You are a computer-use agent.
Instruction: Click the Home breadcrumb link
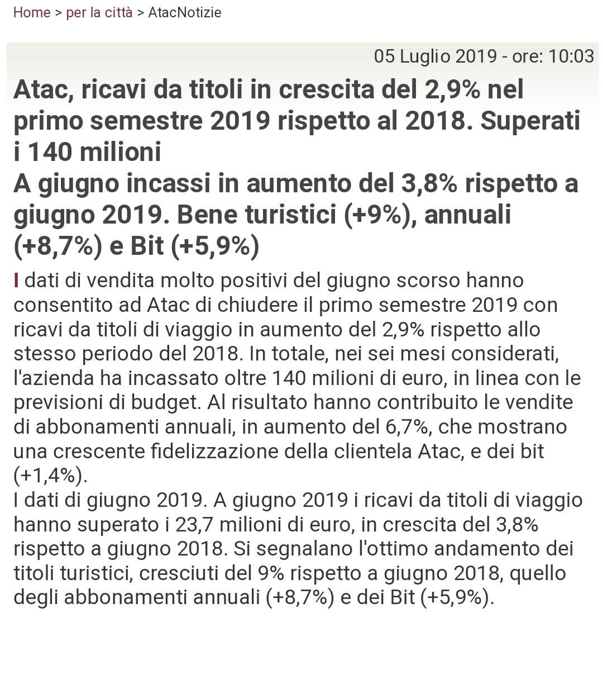click(31, 12)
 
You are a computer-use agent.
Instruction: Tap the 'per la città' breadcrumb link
click(99, 12)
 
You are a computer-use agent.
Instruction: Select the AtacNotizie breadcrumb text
click(185, 12)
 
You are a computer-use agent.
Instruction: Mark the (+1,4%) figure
click(50, 476)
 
